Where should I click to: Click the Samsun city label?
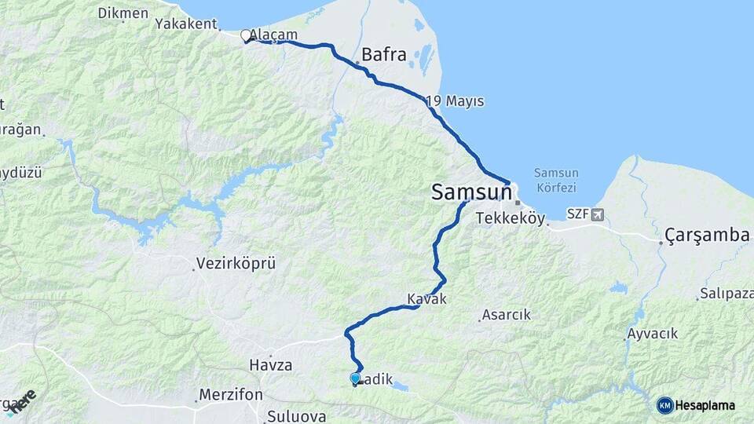tap(470, 192)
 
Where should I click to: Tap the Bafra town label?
tap(384, 56)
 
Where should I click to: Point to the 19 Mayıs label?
tap(456, 101)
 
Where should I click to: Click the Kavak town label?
tap(426, 299)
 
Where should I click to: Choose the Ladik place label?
tap(376, 378)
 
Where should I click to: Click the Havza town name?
tap(270, 365)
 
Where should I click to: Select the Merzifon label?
tap(230, 394)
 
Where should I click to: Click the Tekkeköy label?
tap(511, 220)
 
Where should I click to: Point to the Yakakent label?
tap(185, 24)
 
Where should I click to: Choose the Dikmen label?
tap(123, 13)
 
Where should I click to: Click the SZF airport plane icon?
tap(598, 214)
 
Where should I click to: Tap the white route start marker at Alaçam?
tap(246, 35)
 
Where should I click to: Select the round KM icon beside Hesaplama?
tap(664, 405)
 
